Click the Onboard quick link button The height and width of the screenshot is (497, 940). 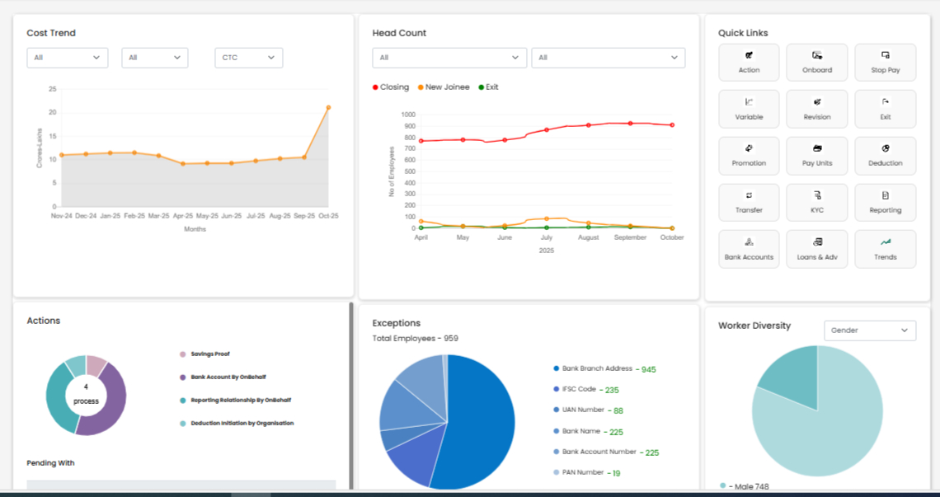[817, 63]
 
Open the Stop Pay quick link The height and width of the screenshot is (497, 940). [885, 63]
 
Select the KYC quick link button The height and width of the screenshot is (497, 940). [817, 203]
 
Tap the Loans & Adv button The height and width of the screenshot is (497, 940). [817, 250]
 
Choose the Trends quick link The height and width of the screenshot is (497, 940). [885, 250]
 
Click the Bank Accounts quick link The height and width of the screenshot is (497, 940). [749, 250]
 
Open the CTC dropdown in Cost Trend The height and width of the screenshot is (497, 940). [248, 58]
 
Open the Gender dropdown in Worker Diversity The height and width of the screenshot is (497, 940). [870, 331]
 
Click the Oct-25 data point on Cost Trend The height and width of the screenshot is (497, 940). [328, 107]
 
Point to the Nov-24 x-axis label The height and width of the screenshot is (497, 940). [62, 216]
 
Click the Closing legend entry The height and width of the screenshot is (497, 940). [394, 87]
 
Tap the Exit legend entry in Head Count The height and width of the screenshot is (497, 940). [491, 87]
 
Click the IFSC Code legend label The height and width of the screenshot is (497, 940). [579, 389]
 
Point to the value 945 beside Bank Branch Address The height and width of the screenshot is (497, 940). [648, 369]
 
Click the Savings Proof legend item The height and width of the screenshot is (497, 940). [209, 354]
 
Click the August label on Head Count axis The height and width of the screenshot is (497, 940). [588, 237]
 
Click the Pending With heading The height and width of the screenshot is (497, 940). [50, 463]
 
